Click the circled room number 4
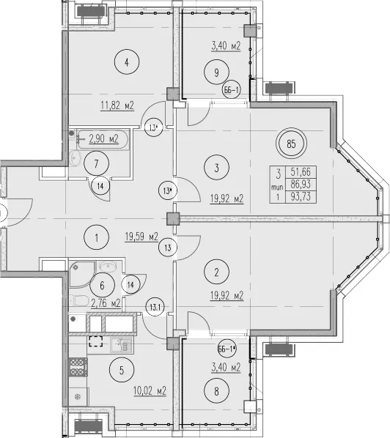127,62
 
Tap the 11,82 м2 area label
117,105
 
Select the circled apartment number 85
291,144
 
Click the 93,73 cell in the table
301,196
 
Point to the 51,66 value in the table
301,172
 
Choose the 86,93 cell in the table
301,185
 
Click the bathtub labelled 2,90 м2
103,139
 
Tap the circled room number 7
97,163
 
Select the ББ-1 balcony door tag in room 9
232,90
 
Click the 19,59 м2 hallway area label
141,237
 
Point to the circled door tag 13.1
155,308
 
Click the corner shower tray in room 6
82,275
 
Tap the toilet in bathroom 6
78,300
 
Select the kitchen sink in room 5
121,344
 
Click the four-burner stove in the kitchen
78,367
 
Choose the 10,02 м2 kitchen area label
150,391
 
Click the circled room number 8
217,391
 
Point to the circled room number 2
217,272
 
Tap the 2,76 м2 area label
106,303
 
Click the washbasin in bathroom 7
74,157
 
